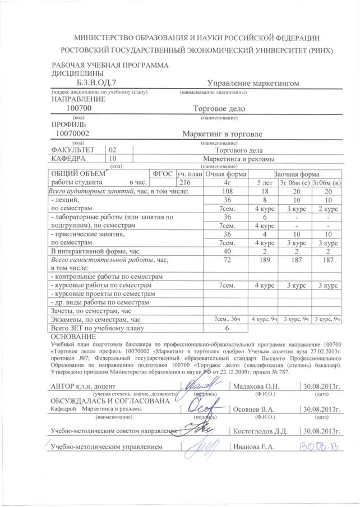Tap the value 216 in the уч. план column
[184, 182]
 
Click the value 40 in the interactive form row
[228, 252]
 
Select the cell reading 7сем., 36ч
[228, 319]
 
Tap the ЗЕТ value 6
[228, 328]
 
